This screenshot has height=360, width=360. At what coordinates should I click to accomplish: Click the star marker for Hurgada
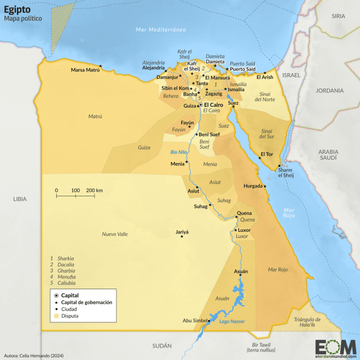tap(265, 186)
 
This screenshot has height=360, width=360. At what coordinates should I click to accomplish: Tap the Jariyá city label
tap(182, 231)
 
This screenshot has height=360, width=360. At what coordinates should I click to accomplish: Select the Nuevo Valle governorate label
tap(115, 234)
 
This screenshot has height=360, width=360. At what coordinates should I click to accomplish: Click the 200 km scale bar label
tap(94, 191)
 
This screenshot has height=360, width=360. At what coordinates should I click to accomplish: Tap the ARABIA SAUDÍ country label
tap(328, 155)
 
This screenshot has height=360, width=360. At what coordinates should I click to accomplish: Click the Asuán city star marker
tap(241, 275)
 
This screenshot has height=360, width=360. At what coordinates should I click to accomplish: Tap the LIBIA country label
tap(20, 199)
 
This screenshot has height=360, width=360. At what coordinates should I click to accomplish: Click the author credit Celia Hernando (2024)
tap(33, 354)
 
